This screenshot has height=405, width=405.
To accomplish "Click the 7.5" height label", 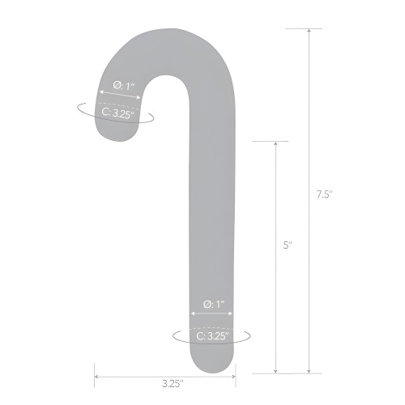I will click(x=325, y=194).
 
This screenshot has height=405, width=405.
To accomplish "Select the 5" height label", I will click(x=287, y=245).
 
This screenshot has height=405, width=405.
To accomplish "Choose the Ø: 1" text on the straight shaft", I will click(x=212, y=304).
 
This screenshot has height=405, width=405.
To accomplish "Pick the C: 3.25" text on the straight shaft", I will click(x=212, y=335).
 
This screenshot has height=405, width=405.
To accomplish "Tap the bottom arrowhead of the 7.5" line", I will click(x=309, y=371).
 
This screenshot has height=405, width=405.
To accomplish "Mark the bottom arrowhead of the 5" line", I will click(x=276, y=371).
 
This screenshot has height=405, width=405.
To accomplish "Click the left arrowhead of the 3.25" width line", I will click(x=97, y=374).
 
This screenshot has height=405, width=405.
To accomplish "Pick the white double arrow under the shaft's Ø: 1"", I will click(x=212, y=314).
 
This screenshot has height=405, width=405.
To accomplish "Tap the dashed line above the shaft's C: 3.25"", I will click(x=212, y=324).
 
